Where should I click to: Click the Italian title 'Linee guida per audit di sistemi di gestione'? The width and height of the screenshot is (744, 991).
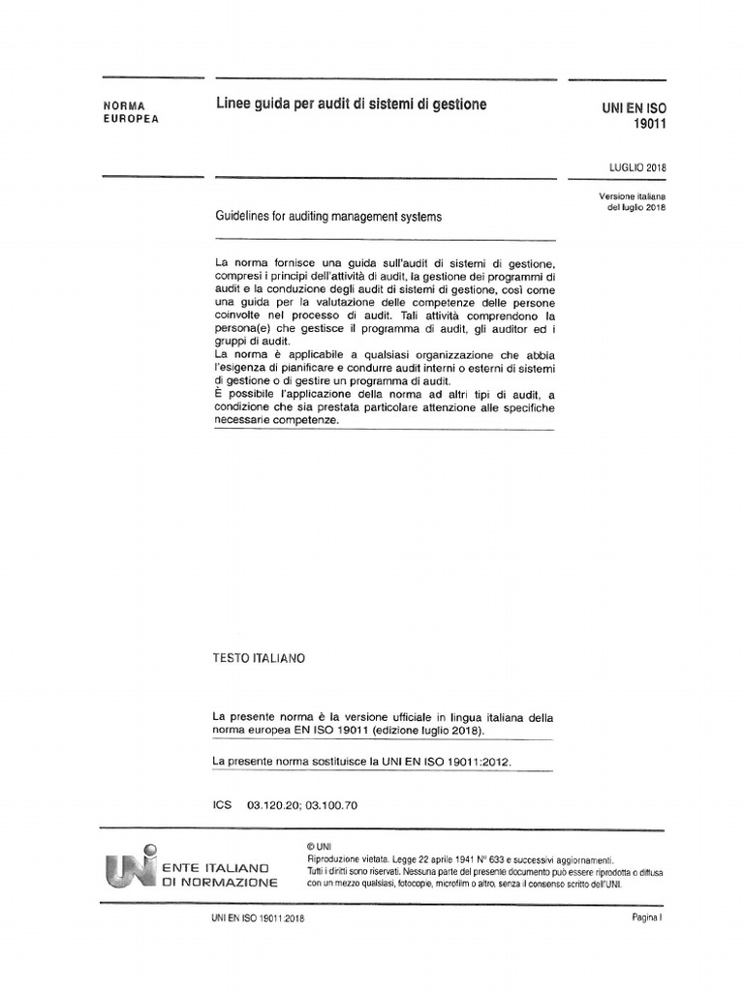pyautogui.click(x=350, y=104)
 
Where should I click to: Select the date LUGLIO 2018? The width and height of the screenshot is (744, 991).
pyautogui.click(x=637, y=166)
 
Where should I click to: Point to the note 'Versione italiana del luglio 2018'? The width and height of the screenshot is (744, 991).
pyautogui.click(x=635, y=201)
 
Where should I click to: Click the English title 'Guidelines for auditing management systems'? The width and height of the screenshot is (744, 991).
pyautogui.click(x=327, y=217)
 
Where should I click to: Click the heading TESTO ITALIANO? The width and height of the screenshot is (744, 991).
pyautogui.click(x=259, y=658)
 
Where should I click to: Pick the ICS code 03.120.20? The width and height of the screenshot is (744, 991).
pyautogui.click(x=276, y=804)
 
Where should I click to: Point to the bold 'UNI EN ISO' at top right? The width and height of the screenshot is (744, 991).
pyautogui.click(x=635, y=108)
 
